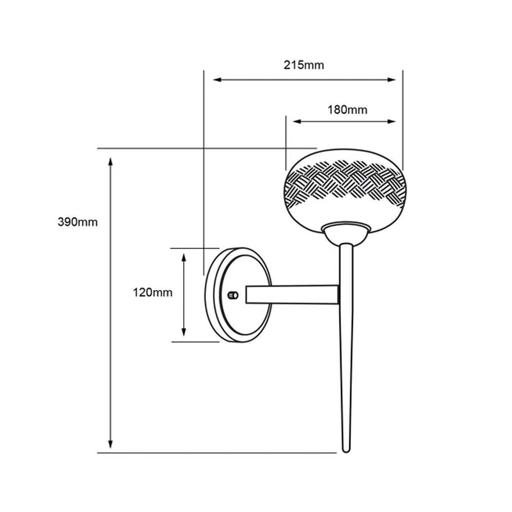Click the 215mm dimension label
click(x=304, y=65)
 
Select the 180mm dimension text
click(x=347, y=109)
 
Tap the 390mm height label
click(x=77, y=222)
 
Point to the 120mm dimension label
click(x=153, y=293)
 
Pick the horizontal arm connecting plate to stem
click(x=292, y=294)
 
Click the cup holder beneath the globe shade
click(x=346, y=233)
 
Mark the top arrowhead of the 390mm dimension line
click(x=110, y=162)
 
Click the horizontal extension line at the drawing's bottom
click(x=215, y=453)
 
